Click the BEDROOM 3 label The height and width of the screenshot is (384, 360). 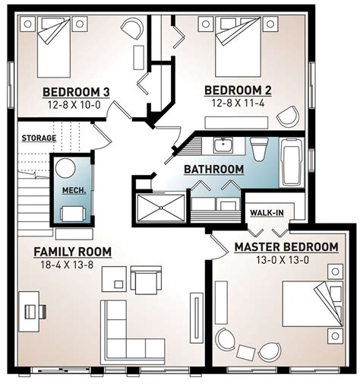[x=76, y=93]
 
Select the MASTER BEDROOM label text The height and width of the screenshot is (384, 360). [x=286, y=247]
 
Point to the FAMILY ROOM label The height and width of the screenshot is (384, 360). [x=73, y=252]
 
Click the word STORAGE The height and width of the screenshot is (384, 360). [x=38, y=138]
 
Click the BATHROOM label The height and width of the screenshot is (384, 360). [x=213, y=169]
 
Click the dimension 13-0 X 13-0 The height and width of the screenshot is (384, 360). [x=286, y=261]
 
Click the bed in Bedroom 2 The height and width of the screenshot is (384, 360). [x=235, y=42]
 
